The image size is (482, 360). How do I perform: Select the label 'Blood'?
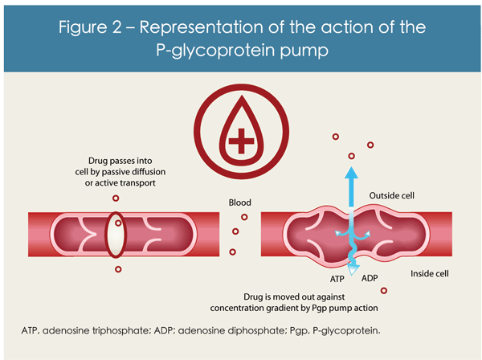pos(240,203)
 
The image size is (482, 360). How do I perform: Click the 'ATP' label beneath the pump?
pos(338,280)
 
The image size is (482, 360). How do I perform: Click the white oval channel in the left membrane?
pos(116,239)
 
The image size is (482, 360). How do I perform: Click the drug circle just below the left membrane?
pos(118,269)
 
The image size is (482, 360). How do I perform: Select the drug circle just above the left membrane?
pos(116,198)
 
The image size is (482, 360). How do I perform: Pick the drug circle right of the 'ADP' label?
pos(384,291)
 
